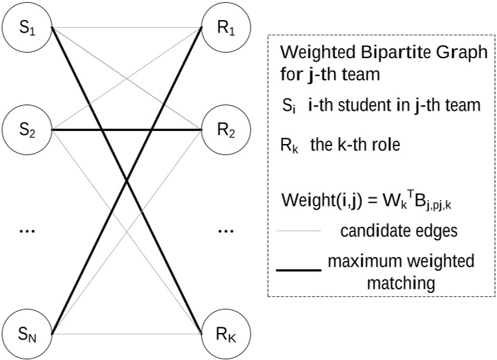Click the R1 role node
click(221, 30)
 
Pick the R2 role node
click(221, 129)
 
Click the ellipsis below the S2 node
click(27, 230)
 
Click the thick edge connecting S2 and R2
click(125, 129)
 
